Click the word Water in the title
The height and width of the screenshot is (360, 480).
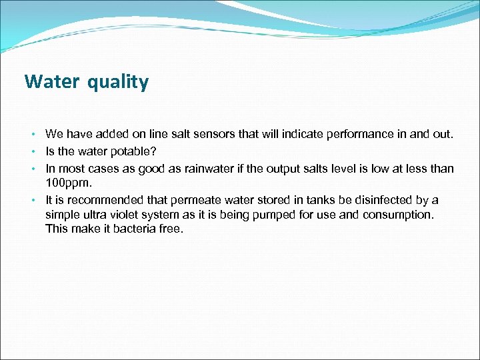coord(49,82)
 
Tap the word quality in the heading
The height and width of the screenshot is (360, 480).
coord(117,83)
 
